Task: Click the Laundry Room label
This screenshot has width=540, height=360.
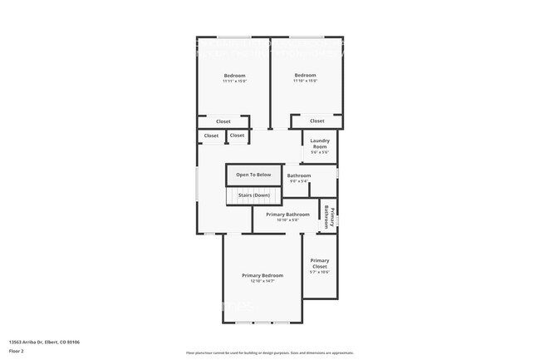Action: click(320, 143)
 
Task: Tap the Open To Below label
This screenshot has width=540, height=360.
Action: click(253, 175)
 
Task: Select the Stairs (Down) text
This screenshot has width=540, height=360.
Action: click(253, 195)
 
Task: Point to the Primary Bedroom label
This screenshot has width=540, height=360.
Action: click(263, 275)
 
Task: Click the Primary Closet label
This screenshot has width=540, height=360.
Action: click(320, 264)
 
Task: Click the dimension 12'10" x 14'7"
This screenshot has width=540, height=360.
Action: click(263, 281)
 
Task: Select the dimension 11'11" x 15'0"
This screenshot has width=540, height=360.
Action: click(234, 81)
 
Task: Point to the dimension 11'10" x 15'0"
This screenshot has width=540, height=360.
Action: click(305, 81)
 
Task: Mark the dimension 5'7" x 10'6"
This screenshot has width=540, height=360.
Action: click(320, 272)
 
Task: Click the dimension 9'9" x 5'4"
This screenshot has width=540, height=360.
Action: click(299, 180)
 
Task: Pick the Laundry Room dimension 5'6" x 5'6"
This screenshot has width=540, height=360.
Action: click(320, 152)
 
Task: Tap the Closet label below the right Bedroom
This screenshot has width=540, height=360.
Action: click(317, 121)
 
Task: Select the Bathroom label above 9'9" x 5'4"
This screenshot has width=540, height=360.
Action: click(299, 175)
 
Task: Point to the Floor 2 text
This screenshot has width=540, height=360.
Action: click(16, 351)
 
